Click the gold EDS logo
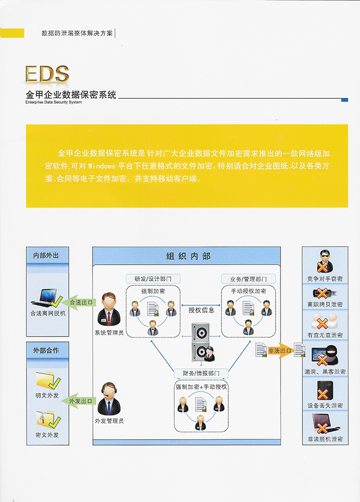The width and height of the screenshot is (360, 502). (x=47, y=75)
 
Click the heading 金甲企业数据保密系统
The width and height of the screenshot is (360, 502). (x=71, y=95)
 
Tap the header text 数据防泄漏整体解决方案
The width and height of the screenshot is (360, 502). (x=77, y=33)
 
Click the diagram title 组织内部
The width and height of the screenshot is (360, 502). (x=188, y=256)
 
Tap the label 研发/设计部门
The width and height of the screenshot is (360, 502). (x=153, y=279)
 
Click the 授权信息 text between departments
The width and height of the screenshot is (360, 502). (x=201, y=310)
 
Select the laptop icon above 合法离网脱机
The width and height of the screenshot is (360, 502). (x=48, y=296)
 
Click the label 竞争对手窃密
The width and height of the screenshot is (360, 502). (x=325, y=279)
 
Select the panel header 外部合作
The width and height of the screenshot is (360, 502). (x=46, y=351)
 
